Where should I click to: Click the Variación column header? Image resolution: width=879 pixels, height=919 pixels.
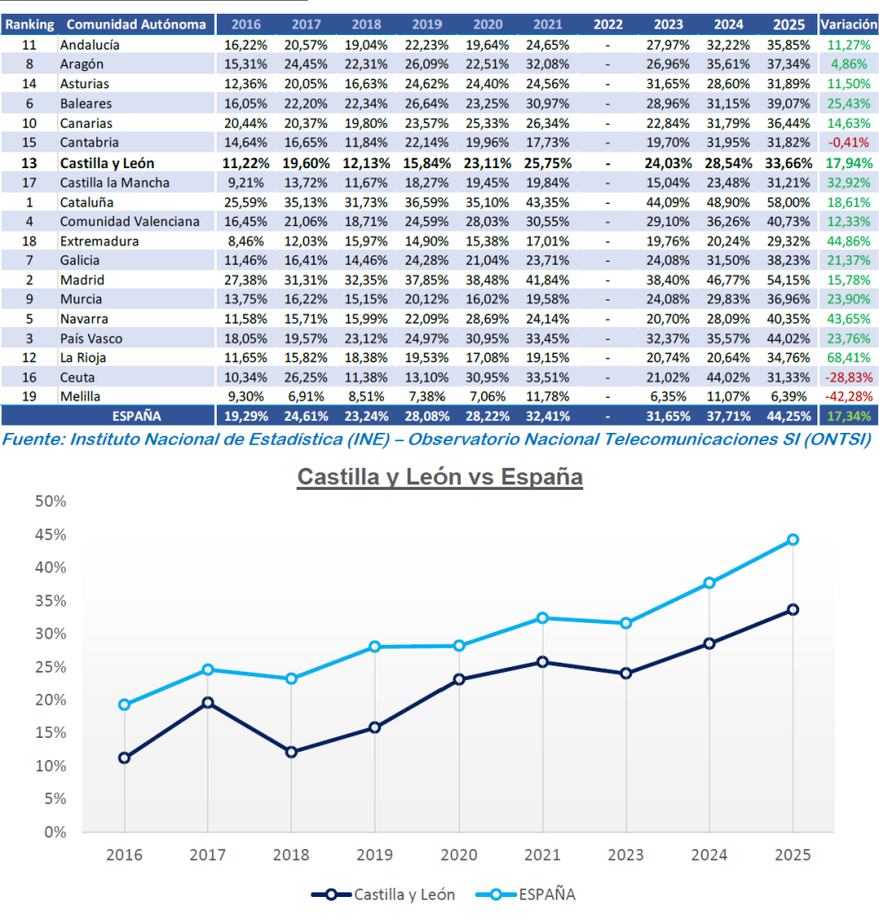click(848, 24)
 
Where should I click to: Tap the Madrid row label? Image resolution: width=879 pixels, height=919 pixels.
click(82, 279)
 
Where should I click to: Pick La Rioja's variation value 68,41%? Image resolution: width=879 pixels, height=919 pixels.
click(848, 357)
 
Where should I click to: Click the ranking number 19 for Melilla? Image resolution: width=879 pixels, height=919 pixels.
click(29, 396)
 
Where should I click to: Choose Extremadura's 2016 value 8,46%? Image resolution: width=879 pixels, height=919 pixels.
click(244, 241)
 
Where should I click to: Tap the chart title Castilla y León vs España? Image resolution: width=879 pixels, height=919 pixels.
click(439, 478)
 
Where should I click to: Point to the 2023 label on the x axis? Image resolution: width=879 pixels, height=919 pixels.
click(625, 855)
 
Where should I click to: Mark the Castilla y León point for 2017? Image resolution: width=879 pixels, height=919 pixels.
click(208, 702)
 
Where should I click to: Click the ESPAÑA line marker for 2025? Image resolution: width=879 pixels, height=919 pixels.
click(793, 539)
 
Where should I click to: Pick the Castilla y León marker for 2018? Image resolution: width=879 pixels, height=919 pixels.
click(291, 752)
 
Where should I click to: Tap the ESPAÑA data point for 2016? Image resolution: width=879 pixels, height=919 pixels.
click(124, 705)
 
